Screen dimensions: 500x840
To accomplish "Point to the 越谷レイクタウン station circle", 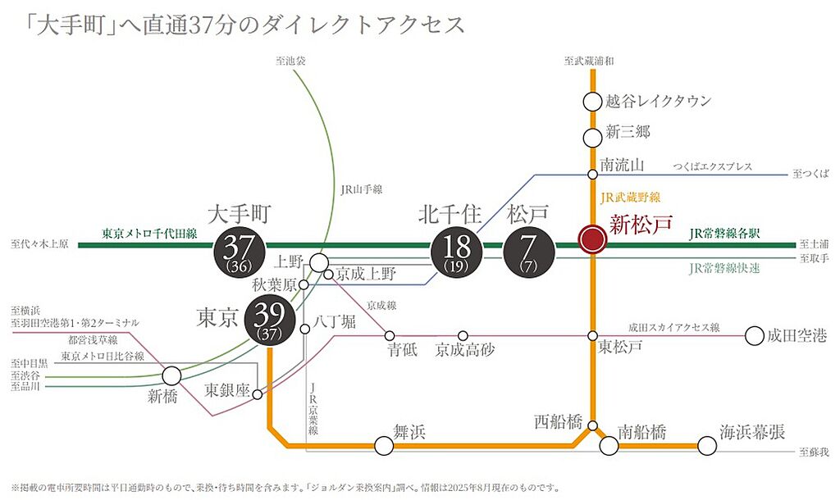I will (x=592, y=102).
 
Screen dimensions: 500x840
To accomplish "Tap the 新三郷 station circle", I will (x=592, y=137).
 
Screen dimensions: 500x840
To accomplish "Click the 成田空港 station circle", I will (x=754, y=335).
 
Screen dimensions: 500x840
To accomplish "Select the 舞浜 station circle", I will (x=383, y=446).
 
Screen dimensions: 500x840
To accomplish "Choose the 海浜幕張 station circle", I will (x=706, y=446).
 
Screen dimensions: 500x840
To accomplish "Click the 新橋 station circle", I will (x=171, y=376).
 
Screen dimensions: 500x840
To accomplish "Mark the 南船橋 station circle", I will (x=609, y=446).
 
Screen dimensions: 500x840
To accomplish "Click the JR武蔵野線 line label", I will (x=630, y=197).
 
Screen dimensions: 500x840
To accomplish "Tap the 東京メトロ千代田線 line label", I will (x=149, y=234).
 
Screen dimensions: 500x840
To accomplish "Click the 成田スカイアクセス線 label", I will (x=673, y=327).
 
